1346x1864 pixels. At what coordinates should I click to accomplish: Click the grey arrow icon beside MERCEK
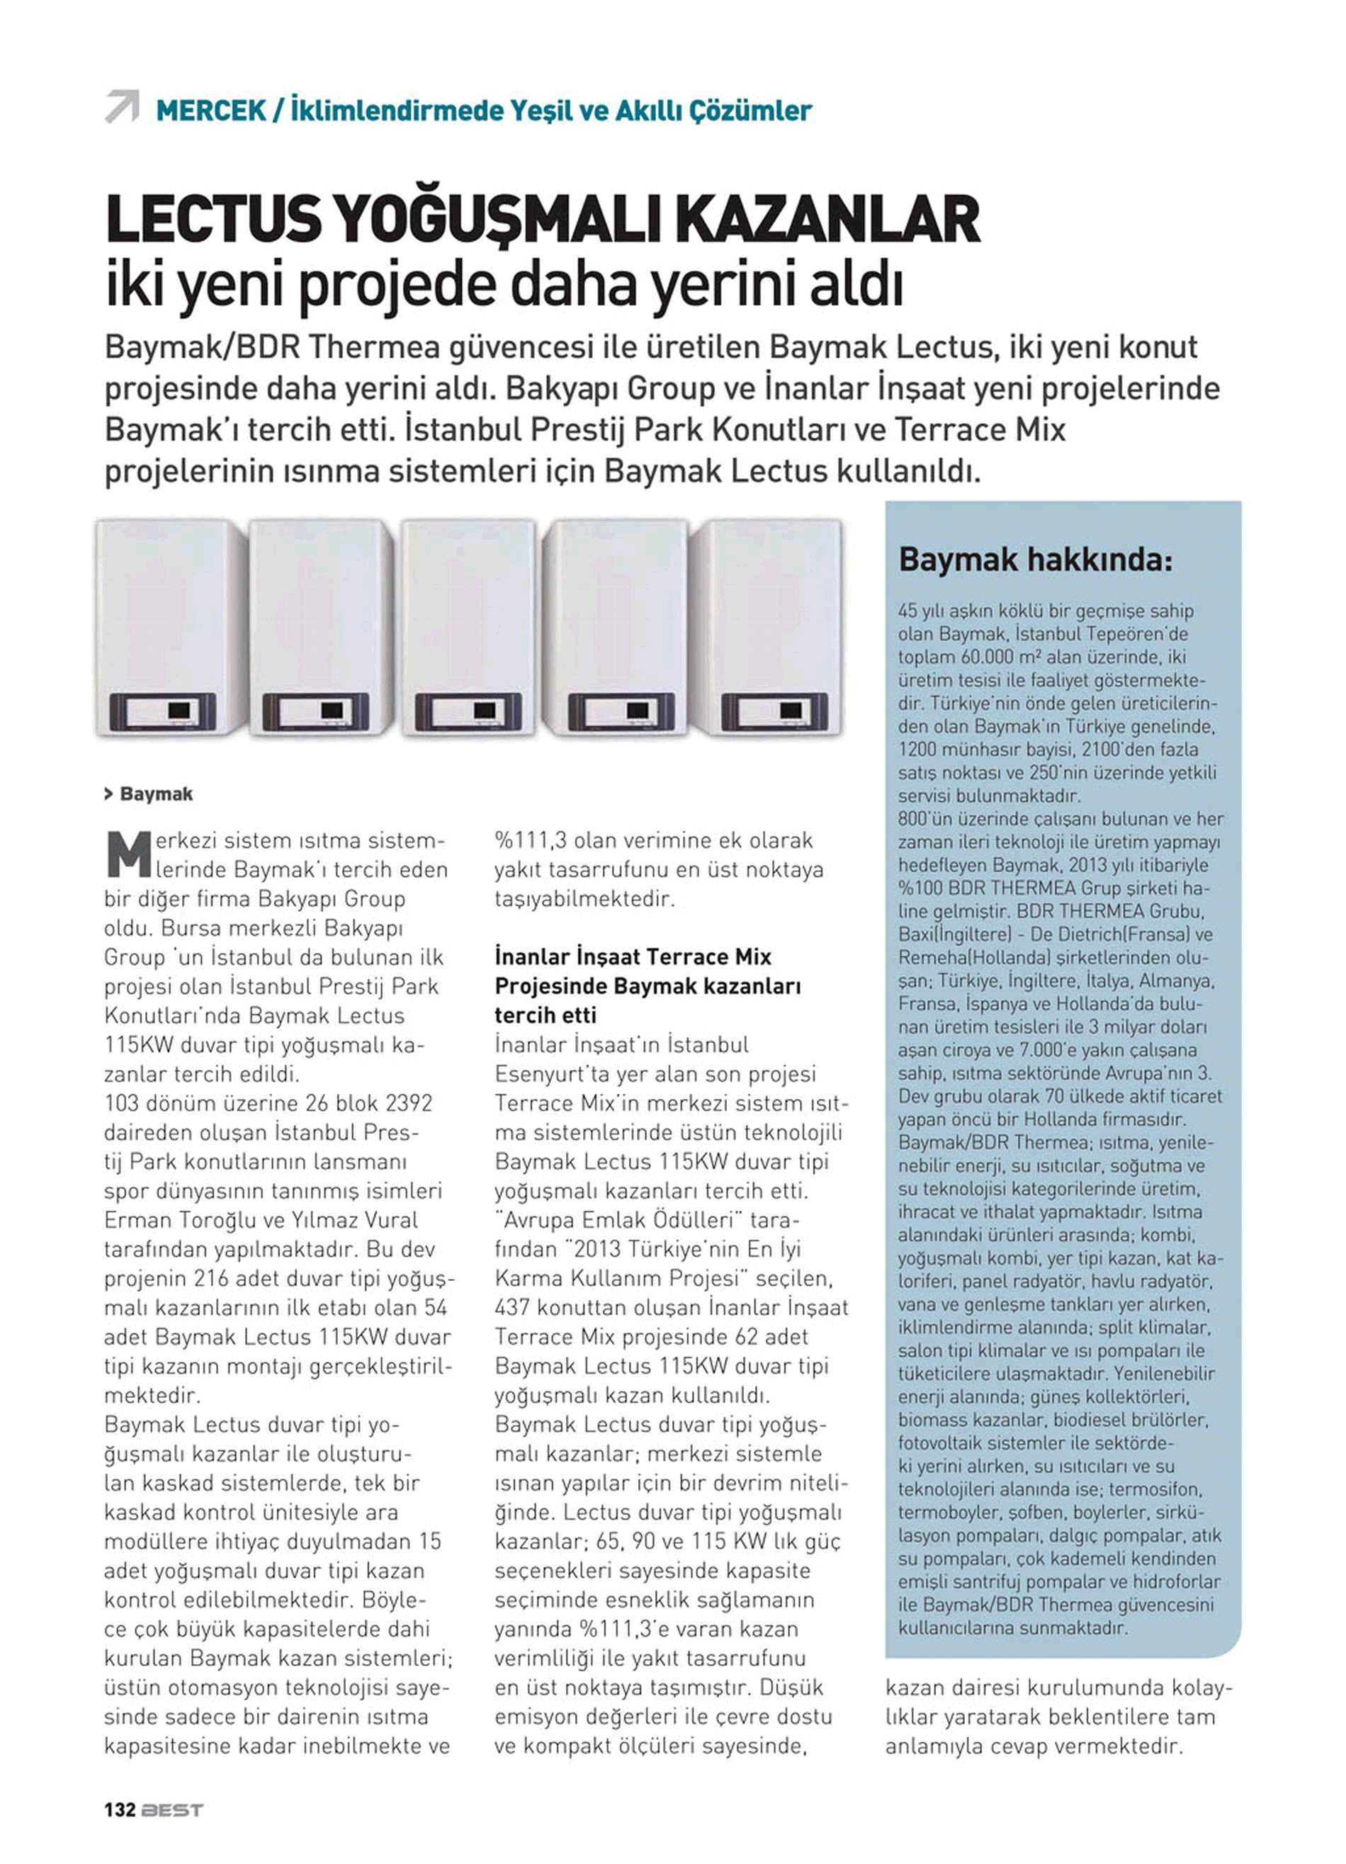click(x=122, y=107)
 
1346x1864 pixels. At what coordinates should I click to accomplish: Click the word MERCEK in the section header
click(x=210, y=110)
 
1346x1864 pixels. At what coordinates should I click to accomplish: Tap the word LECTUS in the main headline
click(x=215, y=220)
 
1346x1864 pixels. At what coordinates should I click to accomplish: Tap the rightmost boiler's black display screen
click(x=791, y=710)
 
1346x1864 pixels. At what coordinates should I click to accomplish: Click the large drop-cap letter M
click(x=128, y=854)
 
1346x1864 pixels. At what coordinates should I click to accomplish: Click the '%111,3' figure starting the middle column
click(x=531, y=841)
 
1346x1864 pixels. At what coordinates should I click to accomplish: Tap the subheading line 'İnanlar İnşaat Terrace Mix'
click(x=633, y=956)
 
